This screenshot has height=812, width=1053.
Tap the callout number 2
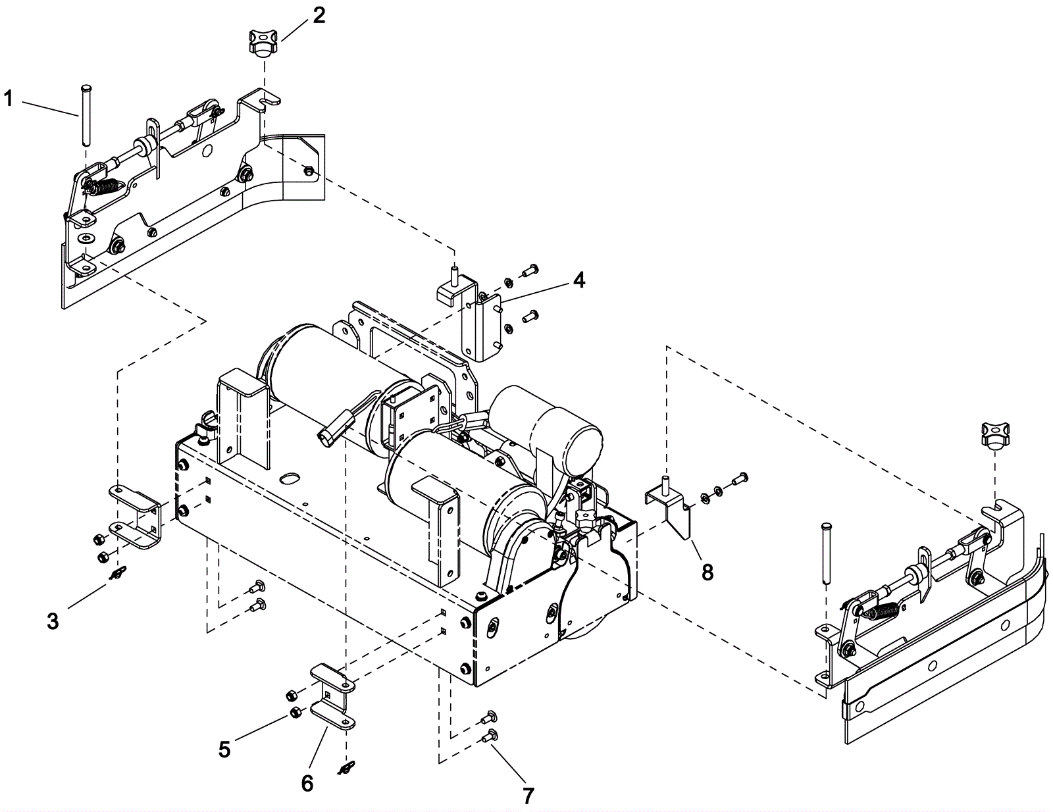(319, 16)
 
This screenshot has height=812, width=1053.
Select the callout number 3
(53, 621)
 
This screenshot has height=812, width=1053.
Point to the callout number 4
(578, 280)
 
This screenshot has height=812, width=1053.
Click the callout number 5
(224, 749)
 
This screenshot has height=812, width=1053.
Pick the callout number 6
(307, 784)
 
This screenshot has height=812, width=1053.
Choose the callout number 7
(528, 796)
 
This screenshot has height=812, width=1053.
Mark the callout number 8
(707, 572)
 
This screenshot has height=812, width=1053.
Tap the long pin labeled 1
(86, 114)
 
